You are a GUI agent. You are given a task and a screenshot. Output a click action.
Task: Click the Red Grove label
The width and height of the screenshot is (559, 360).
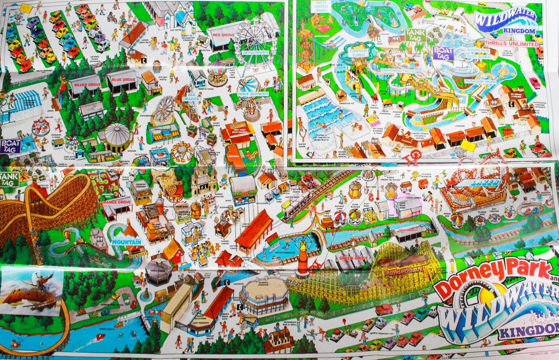(x=223, y=35)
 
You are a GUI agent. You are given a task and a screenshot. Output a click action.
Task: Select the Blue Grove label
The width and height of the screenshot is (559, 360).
(x=124, y=80)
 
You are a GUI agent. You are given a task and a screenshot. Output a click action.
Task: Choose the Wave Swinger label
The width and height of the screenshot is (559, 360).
(x=253, y=94)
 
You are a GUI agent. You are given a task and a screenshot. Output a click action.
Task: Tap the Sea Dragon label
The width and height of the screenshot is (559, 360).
(x=191, y=97)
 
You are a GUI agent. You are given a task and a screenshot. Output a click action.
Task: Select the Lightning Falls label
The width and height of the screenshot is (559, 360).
(x=398, y=70)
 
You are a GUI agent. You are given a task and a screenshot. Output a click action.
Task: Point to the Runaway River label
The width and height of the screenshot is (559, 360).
(x=480, y=81)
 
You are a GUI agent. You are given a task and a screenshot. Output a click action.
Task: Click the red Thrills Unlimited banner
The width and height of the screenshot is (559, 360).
(x=511, y=44)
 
